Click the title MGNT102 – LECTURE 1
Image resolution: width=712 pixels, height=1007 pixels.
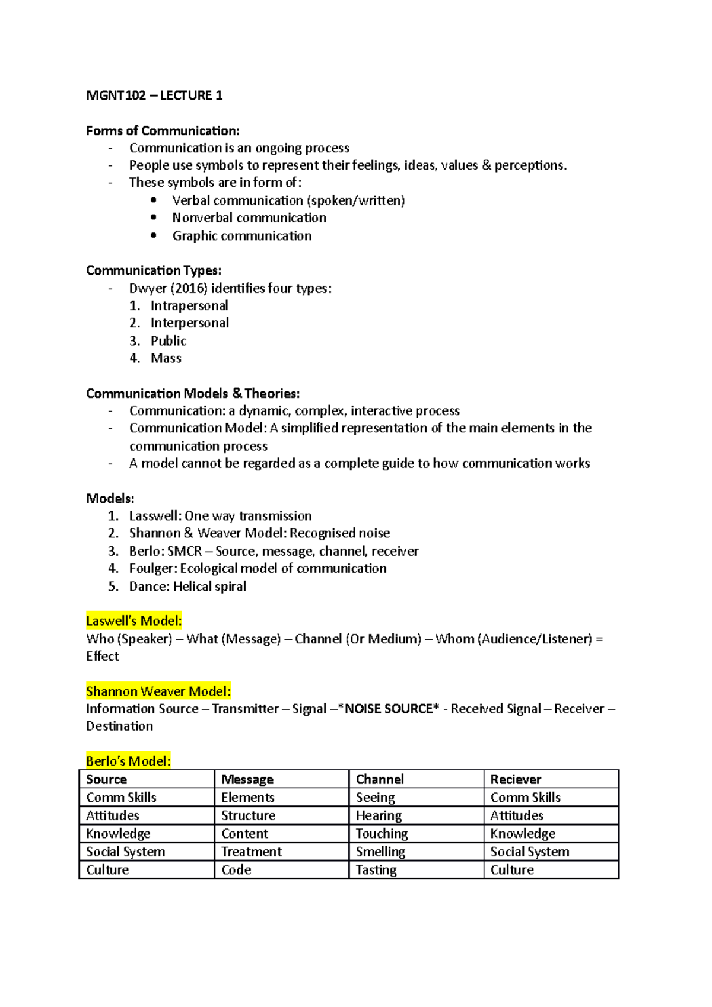click(x=154, y=95)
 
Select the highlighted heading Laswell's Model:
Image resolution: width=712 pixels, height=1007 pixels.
click(x=134, y=621)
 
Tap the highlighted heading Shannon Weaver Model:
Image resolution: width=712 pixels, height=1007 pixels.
click(x=158, y=691)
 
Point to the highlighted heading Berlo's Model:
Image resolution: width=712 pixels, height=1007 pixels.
click(x=128, y=761)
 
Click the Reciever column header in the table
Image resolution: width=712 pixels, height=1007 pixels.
click(x=516, y=779)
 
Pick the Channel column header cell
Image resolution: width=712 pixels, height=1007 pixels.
click(x=380, y=779)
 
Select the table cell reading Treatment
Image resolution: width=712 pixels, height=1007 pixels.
click(x=252, y=852)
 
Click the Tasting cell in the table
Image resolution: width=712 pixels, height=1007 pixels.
click(x=376, y=870)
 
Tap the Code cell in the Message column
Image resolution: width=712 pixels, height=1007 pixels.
click(x=236, y=870)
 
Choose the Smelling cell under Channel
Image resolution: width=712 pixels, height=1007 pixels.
click(x=380, y=852)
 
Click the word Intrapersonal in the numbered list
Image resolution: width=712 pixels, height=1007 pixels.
click(x=189, y=305)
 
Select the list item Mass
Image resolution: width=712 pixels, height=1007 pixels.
click(x=166, y=358)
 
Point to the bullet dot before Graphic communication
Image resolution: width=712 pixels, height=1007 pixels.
click(x=154, y=235)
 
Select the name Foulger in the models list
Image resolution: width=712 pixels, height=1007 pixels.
click(x=152, y=568)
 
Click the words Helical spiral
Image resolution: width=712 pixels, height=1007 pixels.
click(x=209, y=586)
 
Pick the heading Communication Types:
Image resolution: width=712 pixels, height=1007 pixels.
click(x=154, y=270)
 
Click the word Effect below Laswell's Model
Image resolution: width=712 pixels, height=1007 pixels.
click(x=103, y=656)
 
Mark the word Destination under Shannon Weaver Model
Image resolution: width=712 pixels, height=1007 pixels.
click(x=119, y=726)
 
